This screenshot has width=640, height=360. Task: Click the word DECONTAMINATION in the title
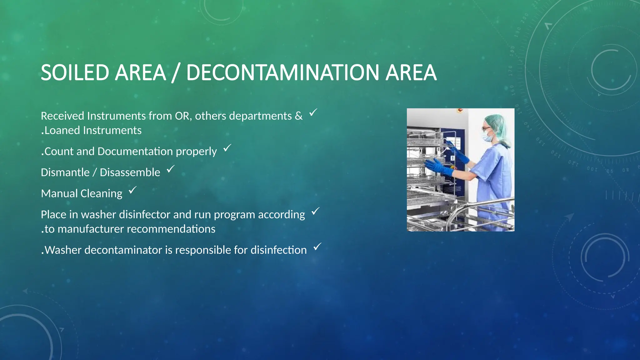pyautogui.click(x=282, y=72)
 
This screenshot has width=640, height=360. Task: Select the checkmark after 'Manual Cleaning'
pyautogui.click(x=133, y=190)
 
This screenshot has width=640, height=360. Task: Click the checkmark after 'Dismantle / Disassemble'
pyautogui.click(x=171, y=169)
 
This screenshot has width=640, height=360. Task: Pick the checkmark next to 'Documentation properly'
pyautogui.click(x=227, y=148)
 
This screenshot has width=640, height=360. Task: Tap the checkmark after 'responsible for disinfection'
pyautogui.click(x=317, y=247)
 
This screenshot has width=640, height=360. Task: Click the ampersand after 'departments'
pyautogui.click(x=298, y=116)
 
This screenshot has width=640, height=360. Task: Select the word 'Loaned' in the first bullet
pyautogui.click(x=62, y=130)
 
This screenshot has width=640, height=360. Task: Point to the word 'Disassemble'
pyautogui.click(x=130, y=172)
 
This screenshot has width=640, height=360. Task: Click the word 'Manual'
pyautogui.click(x=59, y=193)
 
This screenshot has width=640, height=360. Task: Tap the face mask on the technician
pyautogui.click(x=487, y=137)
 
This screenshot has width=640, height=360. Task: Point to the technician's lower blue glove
pyautogui.click(x=439, y=167)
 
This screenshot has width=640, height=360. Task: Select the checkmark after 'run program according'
pyautogui.click(x=316, y=211)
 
